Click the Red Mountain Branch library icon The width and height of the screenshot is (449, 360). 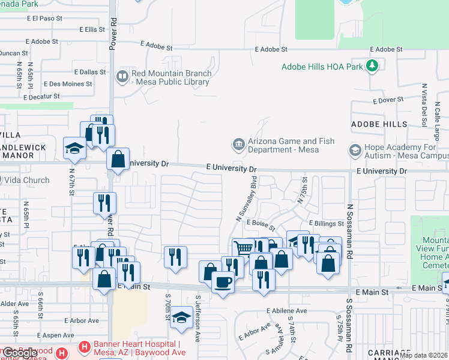122,76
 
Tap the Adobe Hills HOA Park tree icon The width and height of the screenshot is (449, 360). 372,65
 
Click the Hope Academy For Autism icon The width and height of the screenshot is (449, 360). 354,149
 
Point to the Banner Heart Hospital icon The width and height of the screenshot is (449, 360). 84,347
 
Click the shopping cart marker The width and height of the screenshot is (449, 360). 243,248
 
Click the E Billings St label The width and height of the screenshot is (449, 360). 327,223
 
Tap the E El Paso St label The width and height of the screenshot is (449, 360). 45,19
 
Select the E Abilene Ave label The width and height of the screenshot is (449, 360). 287,311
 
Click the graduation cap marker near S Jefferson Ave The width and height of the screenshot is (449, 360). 181,316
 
